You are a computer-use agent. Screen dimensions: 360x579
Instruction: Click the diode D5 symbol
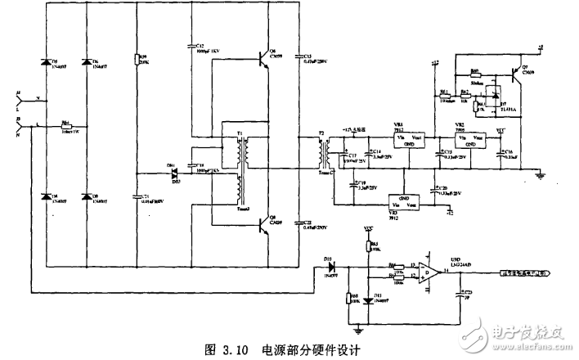(46, 65)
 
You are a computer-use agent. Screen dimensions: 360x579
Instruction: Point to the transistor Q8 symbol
(263, 223)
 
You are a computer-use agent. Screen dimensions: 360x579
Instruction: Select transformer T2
(325, 151)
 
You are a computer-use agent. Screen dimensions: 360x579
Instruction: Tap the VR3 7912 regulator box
(404, 201)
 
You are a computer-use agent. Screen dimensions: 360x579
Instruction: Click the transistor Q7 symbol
(514, 74)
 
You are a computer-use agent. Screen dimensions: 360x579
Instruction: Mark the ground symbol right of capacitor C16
(539, 173)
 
